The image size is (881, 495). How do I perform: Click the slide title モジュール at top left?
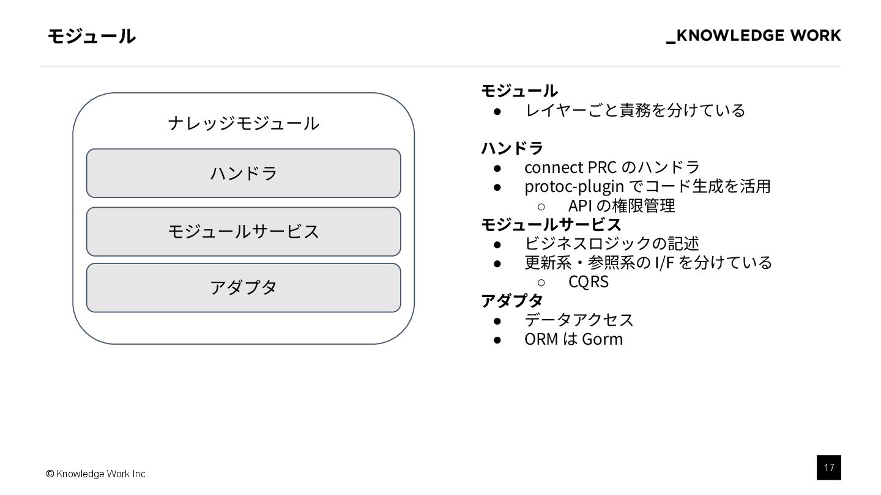tap(91, 37)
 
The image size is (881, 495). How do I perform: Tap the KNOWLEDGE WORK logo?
tap(754, 36)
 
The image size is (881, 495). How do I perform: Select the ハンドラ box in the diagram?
tap(243, 173)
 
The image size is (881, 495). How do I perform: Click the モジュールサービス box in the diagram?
tap(243, 232)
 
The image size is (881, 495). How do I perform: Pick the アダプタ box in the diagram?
tap(243, 287)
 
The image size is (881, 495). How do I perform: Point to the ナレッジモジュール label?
tap(243, 123)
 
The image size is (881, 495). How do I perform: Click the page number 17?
tap(828, 468)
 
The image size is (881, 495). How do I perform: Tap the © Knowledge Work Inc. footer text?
tap(97, 474)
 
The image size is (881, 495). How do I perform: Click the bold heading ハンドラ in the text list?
tap(512, 148)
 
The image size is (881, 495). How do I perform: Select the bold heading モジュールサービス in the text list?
tap(551, 224)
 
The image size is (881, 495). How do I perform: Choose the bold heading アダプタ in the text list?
tap(512, 300)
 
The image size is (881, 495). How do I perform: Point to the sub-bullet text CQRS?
tap(588, 282)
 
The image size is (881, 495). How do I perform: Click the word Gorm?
tap(602, 339)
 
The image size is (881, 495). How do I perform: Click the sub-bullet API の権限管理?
tap(622, 205)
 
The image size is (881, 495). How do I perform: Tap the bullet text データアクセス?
tap(579, 320)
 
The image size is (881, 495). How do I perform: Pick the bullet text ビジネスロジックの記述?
tap(611, 243)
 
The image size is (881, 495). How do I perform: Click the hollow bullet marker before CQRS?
tap(541, 282)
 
